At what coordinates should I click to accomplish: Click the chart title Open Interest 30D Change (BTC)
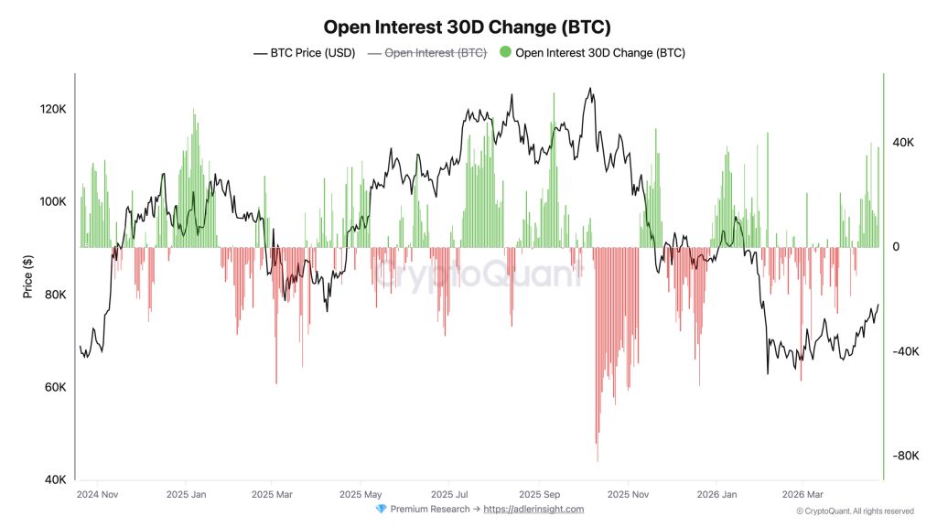(468, 27)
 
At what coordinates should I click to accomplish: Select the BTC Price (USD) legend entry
(304, 53)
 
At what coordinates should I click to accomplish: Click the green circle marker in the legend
(505, 53)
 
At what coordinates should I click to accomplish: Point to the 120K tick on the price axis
(52, 109)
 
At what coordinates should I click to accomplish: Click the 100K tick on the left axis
(52, 201)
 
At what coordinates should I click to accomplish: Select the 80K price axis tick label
(54, 295)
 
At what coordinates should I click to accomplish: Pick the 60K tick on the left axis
(54, 387)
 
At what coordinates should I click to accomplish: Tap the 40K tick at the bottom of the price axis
(54, 479)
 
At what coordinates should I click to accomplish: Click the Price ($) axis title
(28, 276)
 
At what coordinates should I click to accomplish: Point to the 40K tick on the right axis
(903, 143)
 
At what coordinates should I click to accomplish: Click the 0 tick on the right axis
(895, 247)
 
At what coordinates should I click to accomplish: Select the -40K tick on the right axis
(905, 351)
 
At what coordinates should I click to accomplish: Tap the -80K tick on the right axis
(905, 456)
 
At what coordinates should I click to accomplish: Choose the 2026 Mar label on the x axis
(802, 495)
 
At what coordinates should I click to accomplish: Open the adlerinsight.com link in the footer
(533, 510)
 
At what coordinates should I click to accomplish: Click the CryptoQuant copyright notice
(855, 511)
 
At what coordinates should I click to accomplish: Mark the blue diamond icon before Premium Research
(381, 510)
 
